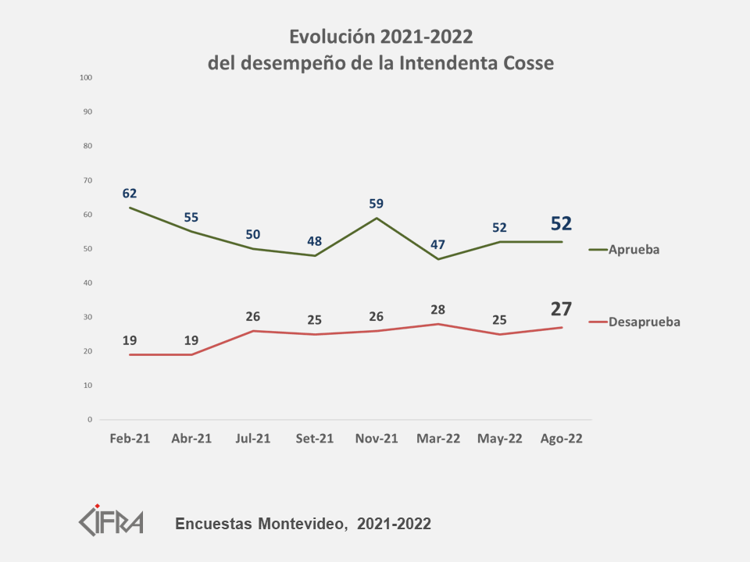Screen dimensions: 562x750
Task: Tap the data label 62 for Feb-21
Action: coord(130,193)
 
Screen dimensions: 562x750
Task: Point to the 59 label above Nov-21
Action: coord(377,204)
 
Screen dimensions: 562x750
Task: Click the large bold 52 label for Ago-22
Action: coord(561,224)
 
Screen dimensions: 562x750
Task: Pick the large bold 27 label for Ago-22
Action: coord(561,308)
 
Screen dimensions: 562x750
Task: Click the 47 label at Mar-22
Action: coord(438,244)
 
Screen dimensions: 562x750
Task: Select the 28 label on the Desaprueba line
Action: coord(437,310)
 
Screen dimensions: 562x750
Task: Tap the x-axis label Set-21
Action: coord(315,439)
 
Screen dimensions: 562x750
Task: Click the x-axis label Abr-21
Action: coord(191,439)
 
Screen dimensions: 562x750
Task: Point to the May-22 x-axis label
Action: coord(499,439)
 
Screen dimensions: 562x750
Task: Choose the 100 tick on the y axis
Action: coord(86,77)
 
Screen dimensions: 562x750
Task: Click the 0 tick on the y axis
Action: coord(90,420)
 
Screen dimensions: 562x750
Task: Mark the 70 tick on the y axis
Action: coord(87,180)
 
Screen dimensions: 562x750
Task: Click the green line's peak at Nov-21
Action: coord(377,218)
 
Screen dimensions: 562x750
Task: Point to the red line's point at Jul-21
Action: coord(253,331)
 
